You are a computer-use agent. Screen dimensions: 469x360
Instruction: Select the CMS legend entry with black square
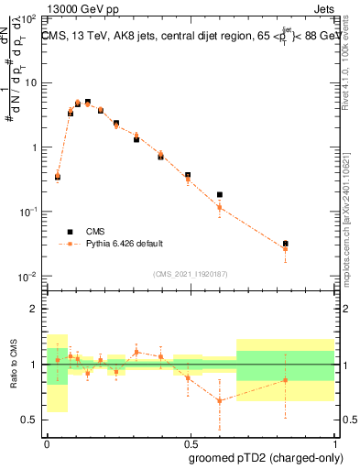99,232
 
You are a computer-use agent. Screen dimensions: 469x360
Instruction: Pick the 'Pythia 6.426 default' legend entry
124,244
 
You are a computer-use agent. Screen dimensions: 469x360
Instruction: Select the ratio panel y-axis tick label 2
35,309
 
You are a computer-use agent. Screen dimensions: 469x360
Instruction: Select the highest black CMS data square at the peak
88,102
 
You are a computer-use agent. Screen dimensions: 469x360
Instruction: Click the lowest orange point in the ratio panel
220,400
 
